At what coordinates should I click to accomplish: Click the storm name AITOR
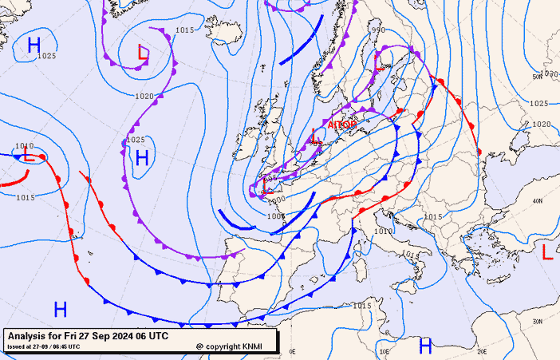342,125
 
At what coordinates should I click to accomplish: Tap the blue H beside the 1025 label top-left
34,45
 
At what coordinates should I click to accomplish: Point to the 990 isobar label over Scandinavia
378,30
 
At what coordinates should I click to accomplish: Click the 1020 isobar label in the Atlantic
144,96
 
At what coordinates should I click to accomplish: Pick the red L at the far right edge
547,252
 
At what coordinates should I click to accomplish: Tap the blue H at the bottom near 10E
426,345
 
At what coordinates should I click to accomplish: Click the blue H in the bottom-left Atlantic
60,308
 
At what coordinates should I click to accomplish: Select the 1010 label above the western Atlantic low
24,146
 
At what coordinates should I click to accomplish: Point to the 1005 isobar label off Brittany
276,216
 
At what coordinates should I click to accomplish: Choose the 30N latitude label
537,321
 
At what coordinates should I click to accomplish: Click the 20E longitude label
481,350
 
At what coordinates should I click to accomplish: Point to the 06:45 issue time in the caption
68,346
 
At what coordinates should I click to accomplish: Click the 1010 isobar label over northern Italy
383,231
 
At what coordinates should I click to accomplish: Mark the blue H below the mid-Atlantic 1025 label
142,157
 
